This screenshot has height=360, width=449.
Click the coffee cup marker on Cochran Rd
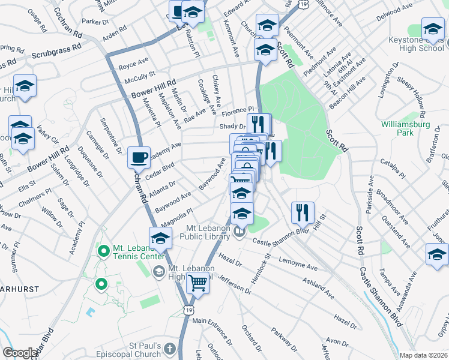[x=139, y=158]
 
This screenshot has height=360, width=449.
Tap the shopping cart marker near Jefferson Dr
[x=197, y=282]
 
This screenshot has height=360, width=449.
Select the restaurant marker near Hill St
[x=302, y=212]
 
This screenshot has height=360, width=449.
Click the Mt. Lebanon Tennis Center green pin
[x=103, y=250]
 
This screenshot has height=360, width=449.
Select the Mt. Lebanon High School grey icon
[x=158, y=272]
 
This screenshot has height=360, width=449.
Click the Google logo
[x=20, y=353]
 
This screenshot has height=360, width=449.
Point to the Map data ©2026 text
[x=423, y=355]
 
